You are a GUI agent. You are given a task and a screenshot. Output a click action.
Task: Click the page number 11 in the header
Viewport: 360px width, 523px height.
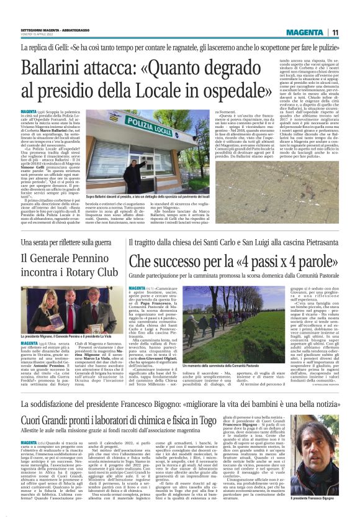click(x=335, y=33)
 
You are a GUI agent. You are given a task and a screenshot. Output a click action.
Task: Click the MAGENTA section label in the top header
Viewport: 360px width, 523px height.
click(x=308, y=33)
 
